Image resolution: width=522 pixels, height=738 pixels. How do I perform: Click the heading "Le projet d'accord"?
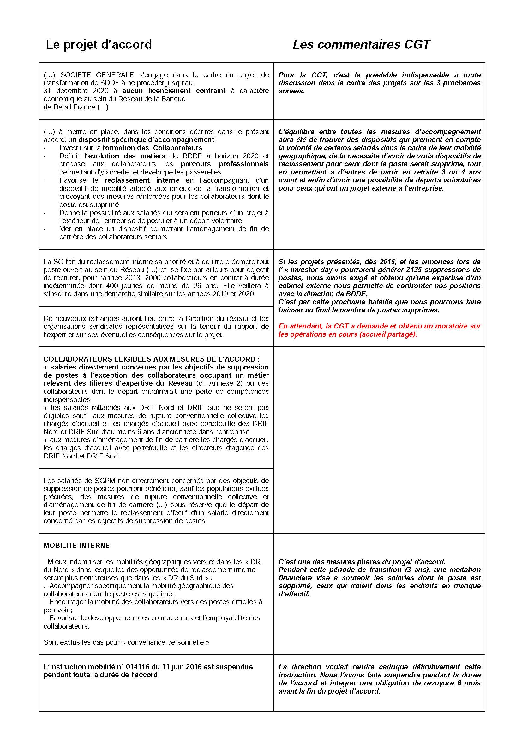[99, 44]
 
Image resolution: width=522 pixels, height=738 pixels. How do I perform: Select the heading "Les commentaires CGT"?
[361, 44]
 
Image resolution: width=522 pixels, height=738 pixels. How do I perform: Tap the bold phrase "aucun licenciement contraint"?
[174, 91]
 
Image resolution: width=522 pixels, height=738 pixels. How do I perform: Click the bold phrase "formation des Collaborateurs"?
[153, 148]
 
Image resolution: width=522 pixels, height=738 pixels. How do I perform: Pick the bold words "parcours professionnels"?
[225, 164]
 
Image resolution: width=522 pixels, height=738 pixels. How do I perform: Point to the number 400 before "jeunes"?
[135, 286]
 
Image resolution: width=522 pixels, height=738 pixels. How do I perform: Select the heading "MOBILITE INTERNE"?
[76, 546]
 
